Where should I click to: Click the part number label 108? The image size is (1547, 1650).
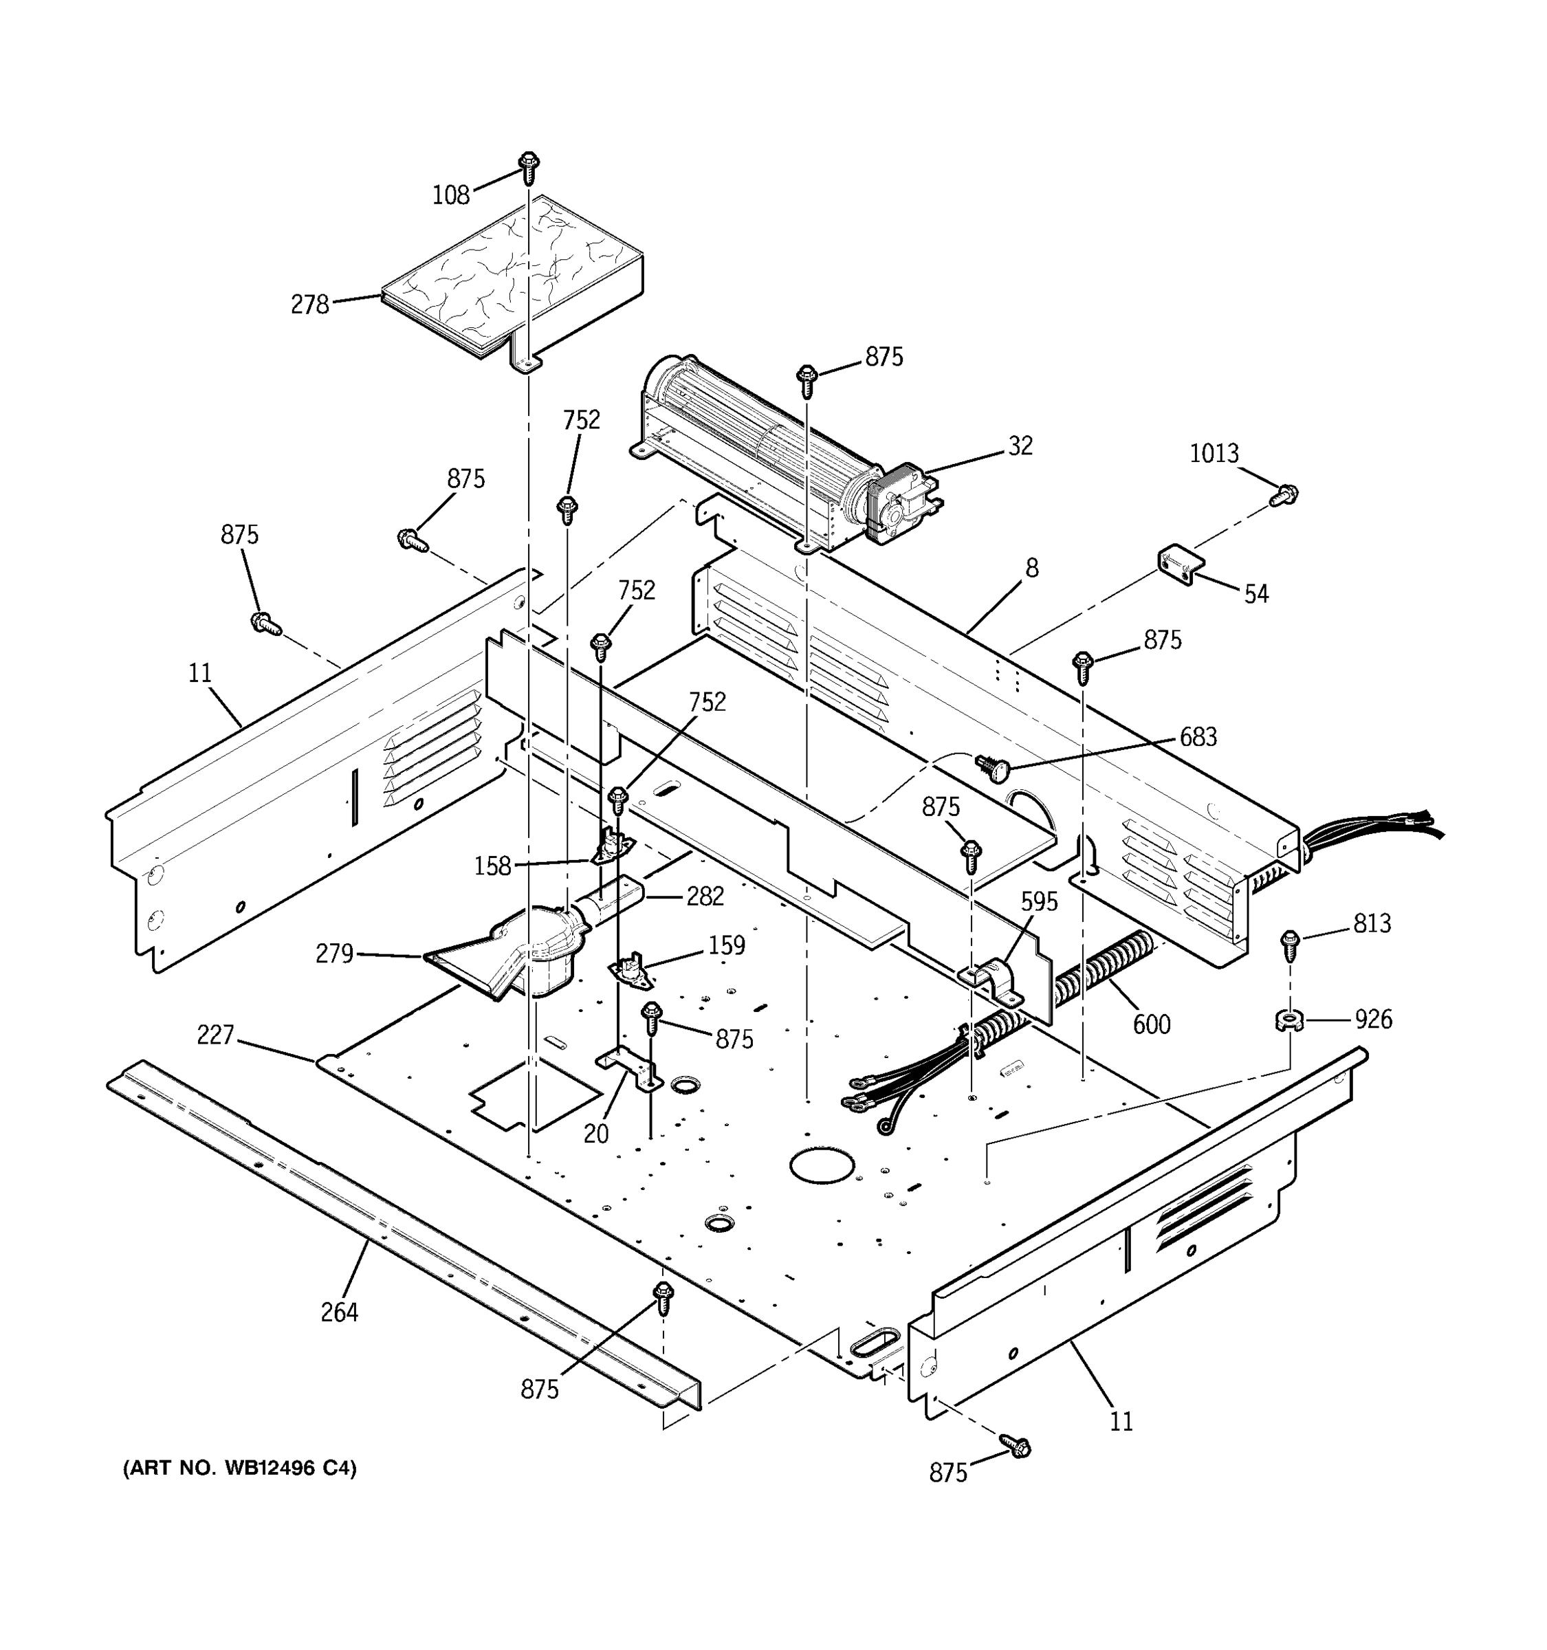[450, 195]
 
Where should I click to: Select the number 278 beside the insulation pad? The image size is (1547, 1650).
[309, 305]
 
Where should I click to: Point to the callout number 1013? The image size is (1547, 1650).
[1214, 453]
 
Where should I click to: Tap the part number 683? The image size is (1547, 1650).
[1198, 737]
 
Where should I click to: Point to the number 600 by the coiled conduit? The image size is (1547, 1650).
[1151, 1024]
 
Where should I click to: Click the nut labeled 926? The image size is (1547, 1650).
[1289, 1020]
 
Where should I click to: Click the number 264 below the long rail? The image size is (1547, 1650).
[338, 1312]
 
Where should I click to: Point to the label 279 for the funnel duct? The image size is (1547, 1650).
[334, 954]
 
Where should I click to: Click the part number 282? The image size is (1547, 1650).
[705, 896]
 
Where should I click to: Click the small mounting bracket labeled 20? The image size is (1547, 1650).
[629, 1070]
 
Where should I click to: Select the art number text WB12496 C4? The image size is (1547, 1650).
[240, 1469]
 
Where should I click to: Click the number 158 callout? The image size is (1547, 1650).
[492, 866]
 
